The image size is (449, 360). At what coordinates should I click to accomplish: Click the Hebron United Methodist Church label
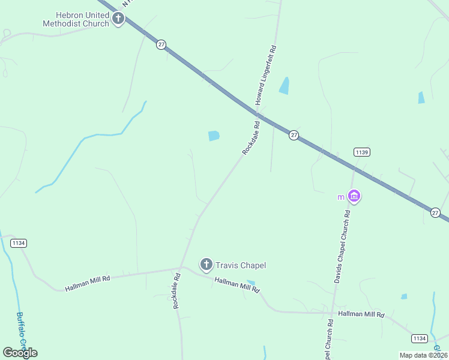click(76, 19)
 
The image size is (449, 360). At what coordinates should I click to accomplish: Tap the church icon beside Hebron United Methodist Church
click(118, 19)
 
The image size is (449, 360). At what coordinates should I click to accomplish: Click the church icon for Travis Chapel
click(206, 264)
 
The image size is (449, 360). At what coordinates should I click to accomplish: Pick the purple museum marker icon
click(354, 196)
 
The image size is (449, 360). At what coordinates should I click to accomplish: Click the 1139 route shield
click(361, 152)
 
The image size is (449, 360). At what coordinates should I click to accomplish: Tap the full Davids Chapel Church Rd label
click(342, 247)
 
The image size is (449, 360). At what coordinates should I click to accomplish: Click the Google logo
click(20, 352)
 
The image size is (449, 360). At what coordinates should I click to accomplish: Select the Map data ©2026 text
click(423, 355)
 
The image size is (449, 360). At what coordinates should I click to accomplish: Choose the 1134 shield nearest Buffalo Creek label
click(19, 243)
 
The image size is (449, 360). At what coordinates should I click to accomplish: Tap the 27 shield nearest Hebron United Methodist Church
click(161, 44)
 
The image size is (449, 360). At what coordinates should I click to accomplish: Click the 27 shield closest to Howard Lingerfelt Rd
click(293, 135)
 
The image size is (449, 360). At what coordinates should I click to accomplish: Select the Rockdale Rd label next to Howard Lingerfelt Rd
click(251, 139)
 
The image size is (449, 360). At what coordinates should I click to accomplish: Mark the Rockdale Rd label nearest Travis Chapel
click(176, 291)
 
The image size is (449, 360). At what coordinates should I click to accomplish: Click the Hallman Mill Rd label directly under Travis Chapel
click(237, 284)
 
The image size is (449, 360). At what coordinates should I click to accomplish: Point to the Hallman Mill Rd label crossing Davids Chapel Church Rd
click(361, 314)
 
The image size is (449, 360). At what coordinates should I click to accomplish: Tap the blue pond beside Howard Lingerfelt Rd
click(284, 86)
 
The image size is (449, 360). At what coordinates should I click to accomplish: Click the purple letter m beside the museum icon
click(341, 197)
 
